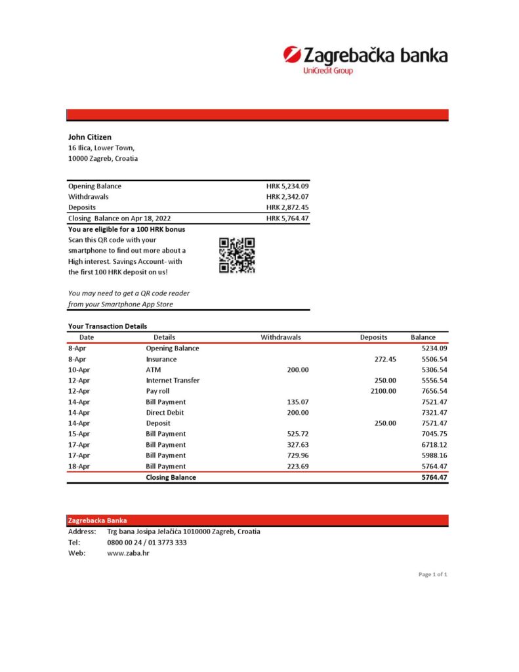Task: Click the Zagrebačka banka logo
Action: pyautogui.click(x=365, y=58)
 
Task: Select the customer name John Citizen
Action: pyautogui.click(x=90, y=137)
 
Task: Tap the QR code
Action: pyautogui.click(x=237, y=255)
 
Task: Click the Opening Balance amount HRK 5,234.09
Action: pyautogui.click(x=287, y=186)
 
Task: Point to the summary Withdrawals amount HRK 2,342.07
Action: pyautogui.click(x=287, y=197)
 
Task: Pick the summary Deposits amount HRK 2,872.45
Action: pyautogui.click(x=287, y=207)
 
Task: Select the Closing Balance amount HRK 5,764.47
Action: pyautogui.click(x=287, y=219)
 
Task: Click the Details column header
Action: pyautogui.click(x=164, y=337)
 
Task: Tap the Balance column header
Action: pyautogui.click(x=423, y=337)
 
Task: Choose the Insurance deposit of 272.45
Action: pyautogui.click(x=384, y=360)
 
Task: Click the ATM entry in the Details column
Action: pyautogui.click(x=153, y=370)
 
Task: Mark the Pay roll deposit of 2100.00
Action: pyautogui.click(x=383, y=391)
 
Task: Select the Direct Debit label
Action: pyautogui.click(x=165, y=413)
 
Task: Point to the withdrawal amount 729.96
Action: pyautogui.click(x=297, y=455)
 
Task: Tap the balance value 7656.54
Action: pyautogui.click(x=434, y=391)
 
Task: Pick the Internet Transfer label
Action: pyautogui.click(x=173, y=381)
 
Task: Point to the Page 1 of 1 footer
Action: pyautogui.click(x=432, y=575)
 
